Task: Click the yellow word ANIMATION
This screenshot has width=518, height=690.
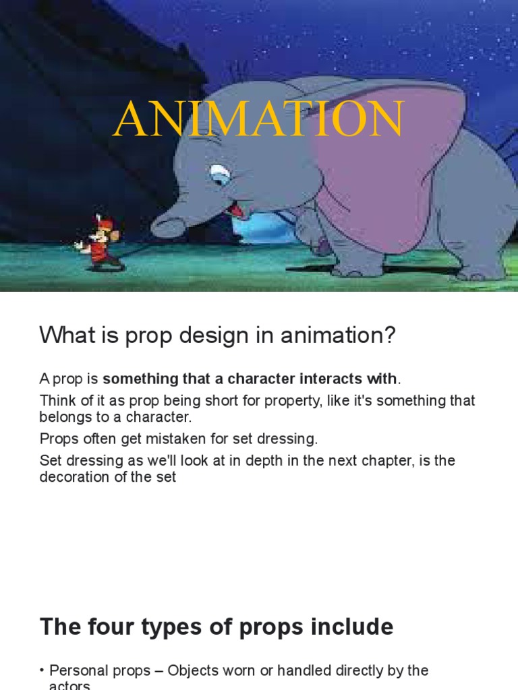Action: point(258,120)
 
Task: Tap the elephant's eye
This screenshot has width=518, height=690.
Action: point(219,177)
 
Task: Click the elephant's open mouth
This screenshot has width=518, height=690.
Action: point(235,210)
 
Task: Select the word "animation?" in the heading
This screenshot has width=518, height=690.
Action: point(343,335)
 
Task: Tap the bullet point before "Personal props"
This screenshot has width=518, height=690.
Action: point(42,670)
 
